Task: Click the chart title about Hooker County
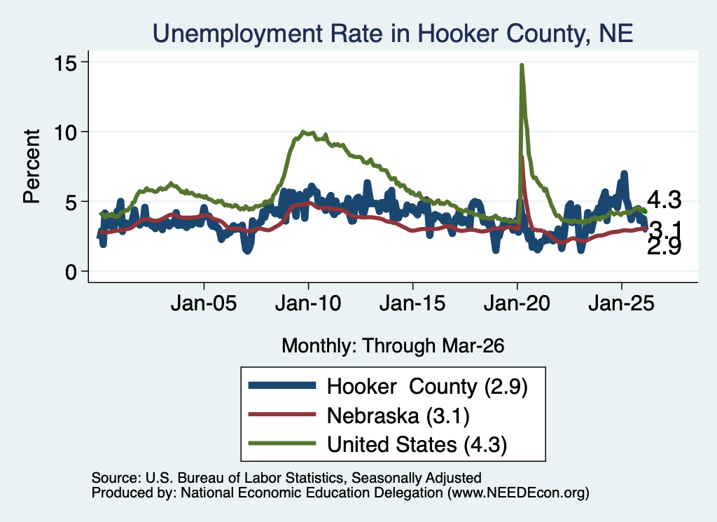pyautogui.click(x=393, y=34)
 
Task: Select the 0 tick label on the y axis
pyautogui.click(x=71, y=272)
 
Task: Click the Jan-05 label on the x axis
pyautogui.click(x=204, y=303)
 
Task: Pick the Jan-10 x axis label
pyautogui.click(x=308, y=303)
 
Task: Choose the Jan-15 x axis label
pyautogui.click(x=412, y=303)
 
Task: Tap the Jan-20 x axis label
pyautogui.click(x=517, y=303)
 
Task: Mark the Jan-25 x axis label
pyautogui.click(x=622, y=303)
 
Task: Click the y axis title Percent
pyautogui.click(x=32, y=166)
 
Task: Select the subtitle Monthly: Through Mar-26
pyautogui.click(x=393, y=346)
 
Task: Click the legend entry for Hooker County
pyautogui.click(x=388, y=387)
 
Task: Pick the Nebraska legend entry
pyautogui.click(x=359, y=415)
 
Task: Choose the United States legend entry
pyautogui.click(x=377, y=444)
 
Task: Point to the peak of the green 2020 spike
pyautogui.click(x=521, y=65)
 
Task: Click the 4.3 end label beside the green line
pyautogui.click(x=664, y=200)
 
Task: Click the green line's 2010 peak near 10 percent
pyautogui.click(x=303, y=132)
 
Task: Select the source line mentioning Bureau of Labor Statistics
pyautogui.click(x=286, y=478)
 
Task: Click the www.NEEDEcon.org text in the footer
pyautogui.click(x=518, y=493)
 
